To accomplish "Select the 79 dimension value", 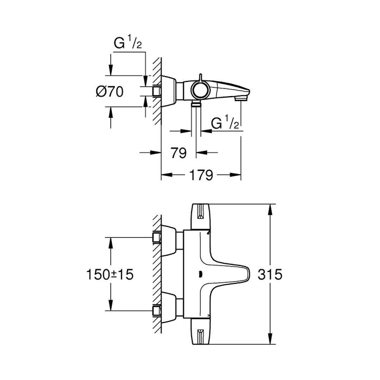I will [179, 153].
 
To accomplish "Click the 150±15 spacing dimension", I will [111, 275].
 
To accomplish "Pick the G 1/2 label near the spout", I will [225, 124].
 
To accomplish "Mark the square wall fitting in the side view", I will [157, 91].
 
